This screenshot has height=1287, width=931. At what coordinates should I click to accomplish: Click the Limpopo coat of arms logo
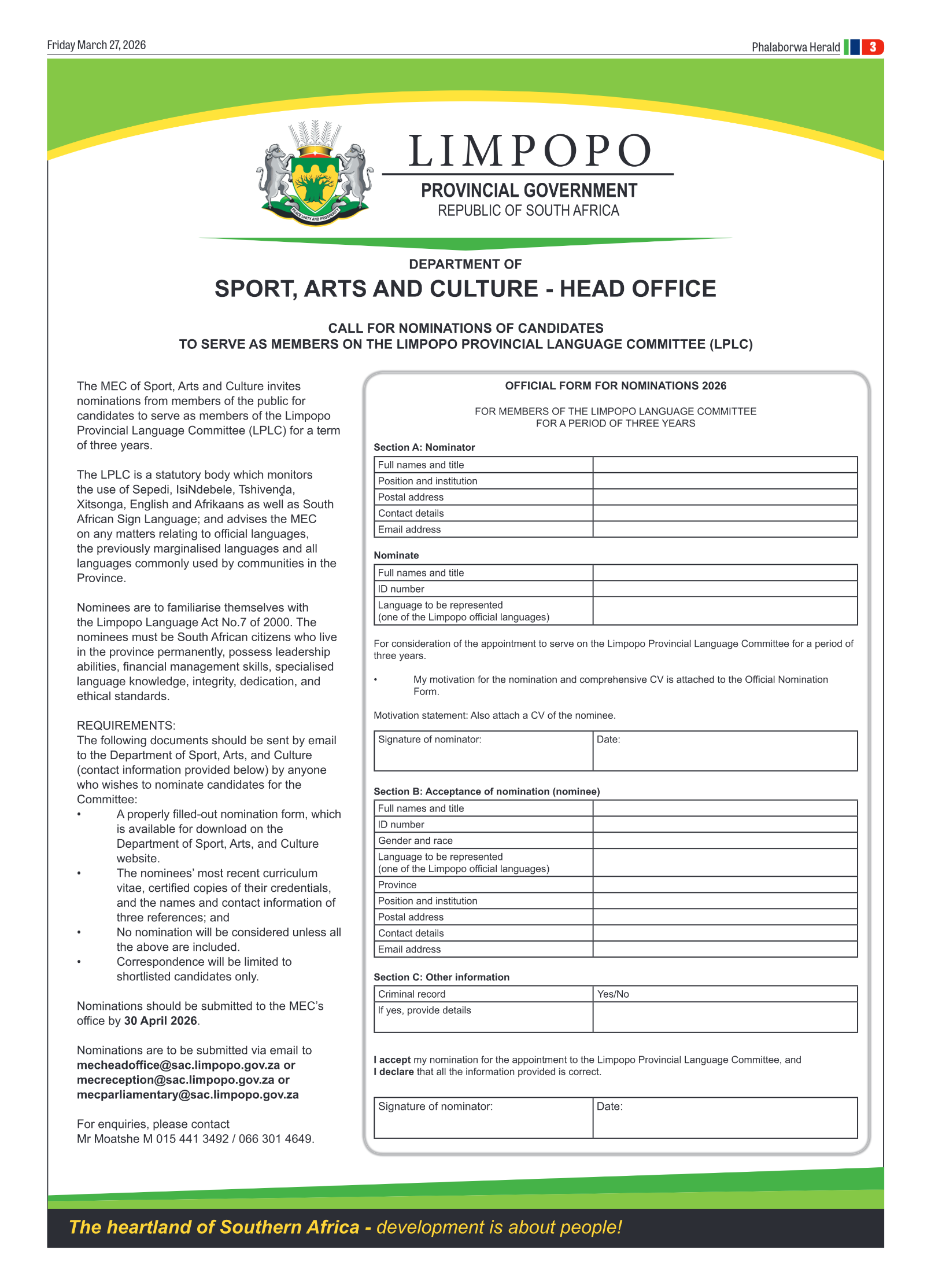315,172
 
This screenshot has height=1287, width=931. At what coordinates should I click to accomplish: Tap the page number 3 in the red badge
872,47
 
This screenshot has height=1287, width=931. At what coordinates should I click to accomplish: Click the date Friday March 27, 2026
96,45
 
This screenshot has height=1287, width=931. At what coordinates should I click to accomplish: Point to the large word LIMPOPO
529,151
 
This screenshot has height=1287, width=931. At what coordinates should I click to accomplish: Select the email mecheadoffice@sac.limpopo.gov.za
179,1065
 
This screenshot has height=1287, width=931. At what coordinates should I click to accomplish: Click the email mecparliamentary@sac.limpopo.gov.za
187,1095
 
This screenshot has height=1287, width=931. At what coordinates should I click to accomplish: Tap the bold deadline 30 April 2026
161,1021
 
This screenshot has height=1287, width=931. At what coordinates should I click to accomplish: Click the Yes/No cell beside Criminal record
613,994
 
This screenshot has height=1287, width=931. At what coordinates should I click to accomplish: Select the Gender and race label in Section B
415,841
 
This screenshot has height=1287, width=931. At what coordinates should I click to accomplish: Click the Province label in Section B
397,885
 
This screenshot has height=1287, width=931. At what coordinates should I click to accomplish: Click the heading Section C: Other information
441,977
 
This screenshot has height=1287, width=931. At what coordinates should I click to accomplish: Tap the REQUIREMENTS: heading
126,726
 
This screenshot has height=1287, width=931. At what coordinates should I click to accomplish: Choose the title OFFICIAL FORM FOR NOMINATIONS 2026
615,386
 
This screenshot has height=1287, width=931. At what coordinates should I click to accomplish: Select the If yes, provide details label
424,1010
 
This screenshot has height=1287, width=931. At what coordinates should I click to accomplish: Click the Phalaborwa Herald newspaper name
795,47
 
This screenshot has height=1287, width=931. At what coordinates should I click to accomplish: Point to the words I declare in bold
394,1072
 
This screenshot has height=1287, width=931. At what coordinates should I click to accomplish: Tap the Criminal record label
412,994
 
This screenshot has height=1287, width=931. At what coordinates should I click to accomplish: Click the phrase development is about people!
499,1227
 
